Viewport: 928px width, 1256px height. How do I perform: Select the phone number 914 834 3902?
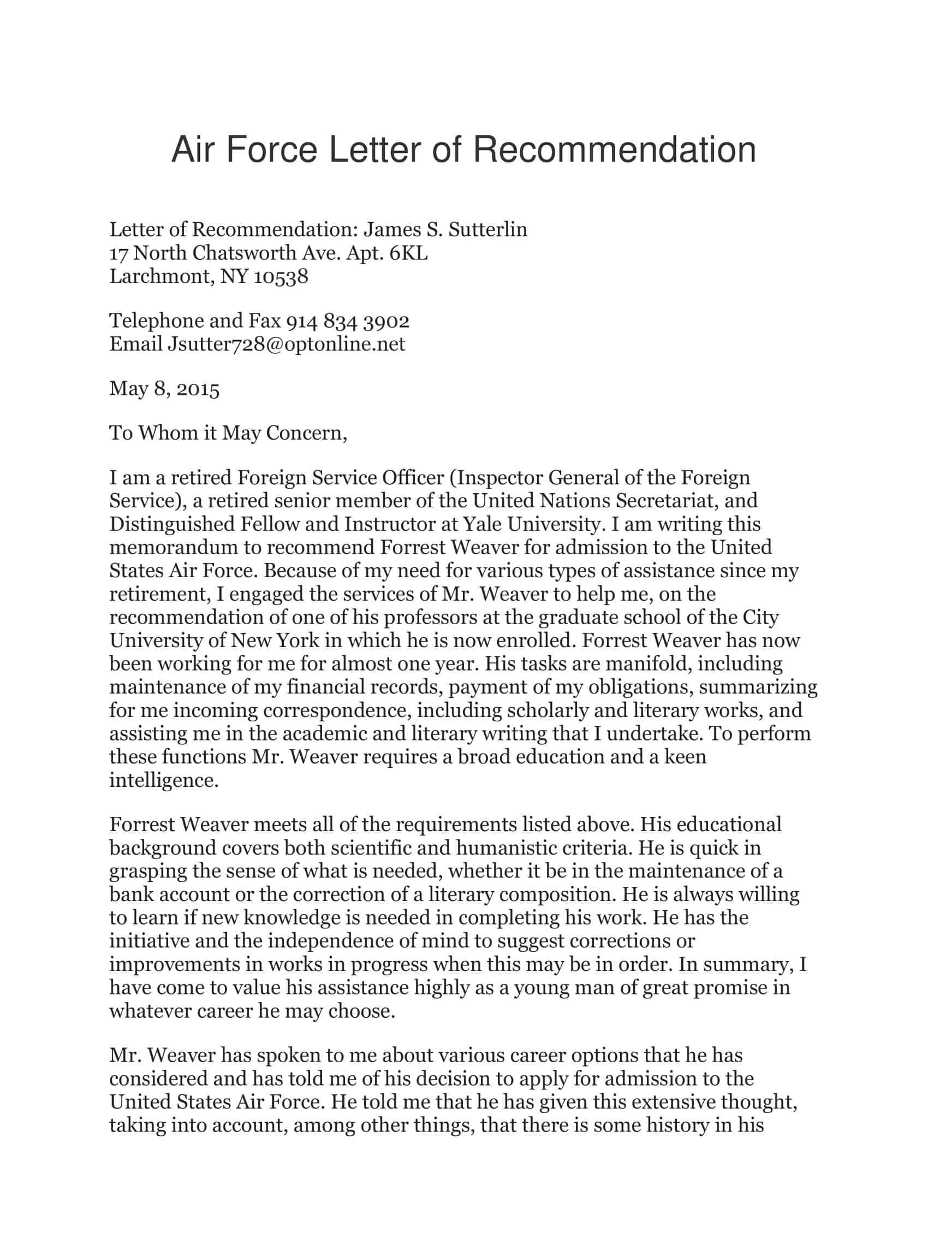click(348, 321)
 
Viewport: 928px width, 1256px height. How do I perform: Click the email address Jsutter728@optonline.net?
click(286, 344)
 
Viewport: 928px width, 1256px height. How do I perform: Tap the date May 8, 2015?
click(164, 389)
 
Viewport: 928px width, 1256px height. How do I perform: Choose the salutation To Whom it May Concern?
click(228, 433)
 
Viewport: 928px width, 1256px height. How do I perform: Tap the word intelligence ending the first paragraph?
click(163, 780)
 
